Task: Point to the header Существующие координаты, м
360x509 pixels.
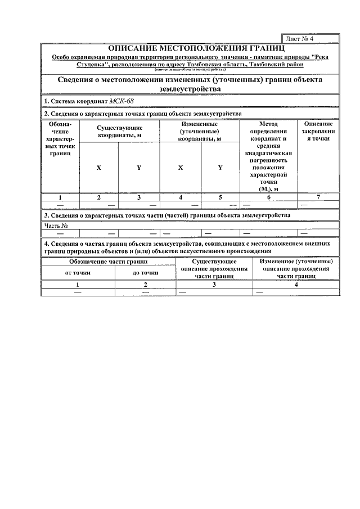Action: tap(119, 131)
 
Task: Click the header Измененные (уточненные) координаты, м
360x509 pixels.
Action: tap(200, 131)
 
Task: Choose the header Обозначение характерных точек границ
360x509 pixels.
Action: tap(60, 138)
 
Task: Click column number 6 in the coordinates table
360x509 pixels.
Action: tap(268, 197)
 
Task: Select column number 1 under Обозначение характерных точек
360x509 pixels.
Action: tap(60, 197)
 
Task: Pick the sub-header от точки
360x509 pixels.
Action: tap(78, 273)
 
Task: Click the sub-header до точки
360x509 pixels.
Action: tap(145, 273)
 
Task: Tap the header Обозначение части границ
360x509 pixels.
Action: tap(109, 262)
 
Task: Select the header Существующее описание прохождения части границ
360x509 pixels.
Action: tap(214, 269)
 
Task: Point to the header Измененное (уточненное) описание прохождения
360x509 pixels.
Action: tap(296, 269)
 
